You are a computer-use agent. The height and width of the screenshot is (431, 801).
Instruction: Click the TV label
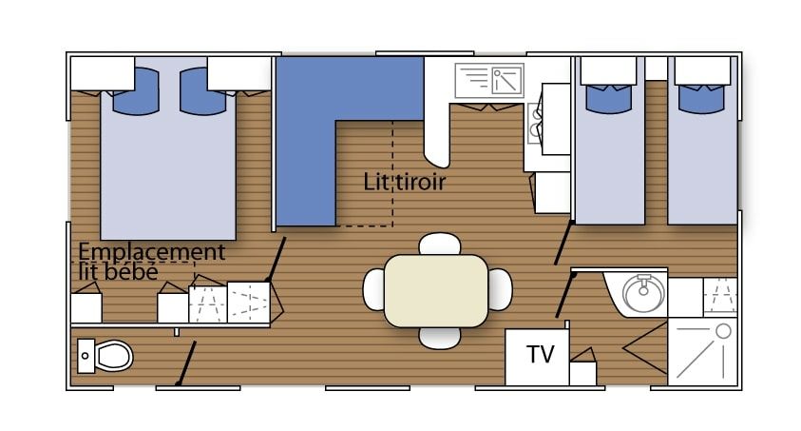tap(540, 354)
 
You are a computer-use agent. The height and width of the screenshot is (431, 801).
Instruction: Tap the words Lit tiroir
tap(404, 182)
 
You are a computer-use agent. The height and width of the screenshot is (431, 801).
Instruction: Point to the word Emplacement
tap(151, 252)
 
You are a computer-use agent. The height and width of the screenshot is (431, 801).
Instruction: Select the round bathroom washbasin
tap(643, 293)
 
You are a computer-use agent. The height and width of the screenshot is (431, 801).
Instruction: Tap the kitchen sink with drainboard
tap(489, 80)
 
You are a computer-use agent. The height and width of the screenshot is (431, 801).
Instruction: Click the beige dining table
tap(436, 290)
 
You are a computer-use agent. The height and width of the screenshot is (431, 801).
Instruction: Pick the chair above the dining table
tap(440, 244)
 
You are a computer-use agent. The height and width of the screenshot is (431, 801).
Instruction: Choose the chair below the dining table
tap(439, 339)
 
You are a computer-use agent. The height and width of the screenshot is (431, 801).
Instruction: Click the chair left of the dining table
tap(373, 289)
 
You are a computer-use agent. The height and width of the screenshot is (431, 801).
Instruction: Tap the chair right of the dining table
tap(500, 289)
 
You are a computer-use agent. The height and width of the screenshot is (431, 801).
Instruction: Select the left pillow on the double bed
tap(135, 92)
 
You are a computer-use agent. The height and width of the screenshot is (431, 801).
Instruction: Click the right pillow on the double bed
tap(202, 92)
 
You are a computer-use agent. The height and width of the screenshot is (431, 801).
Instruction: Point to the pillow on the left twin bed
tap(609, 99)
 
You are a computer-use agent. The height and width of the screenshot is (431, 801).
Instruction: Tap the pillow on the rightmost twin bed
tap(701, 99)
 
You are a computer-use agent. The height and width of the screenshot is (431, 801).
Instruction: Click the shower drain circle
tap(723, 331)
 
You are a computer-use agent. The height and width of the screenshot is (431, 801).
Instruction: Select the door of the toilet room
tap(186, 363)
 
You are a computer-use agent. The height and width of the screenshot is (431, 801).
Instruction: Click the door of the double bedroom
tap(276, 259)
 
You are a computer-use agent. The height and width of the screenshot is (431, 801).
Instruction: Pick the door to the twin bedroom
tap(564, 243)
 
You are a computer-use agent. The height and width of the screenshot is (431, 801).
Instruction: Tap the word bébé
tap(131, 271)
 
